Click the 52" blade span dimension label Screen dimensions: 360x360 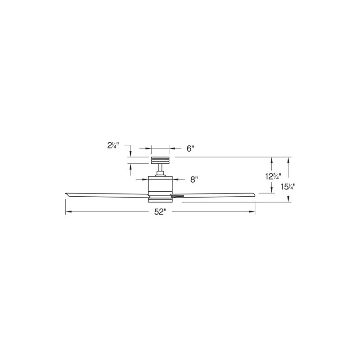click(160, 211)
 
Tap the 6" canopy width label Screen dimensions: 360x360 click(190, 149)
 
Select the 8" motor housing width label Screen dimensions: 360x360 click(194, 179)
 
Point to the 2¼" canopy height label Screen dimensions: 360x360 click(113, 145)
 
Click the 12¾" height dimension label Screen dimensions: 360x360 click(274, 176)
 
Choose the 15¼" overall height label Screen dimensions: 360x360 click(288, 187)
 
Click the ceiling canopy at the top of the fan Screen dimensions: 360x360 click(160, 160)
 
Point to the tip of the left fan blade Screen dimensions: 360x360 click(66, 194)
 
